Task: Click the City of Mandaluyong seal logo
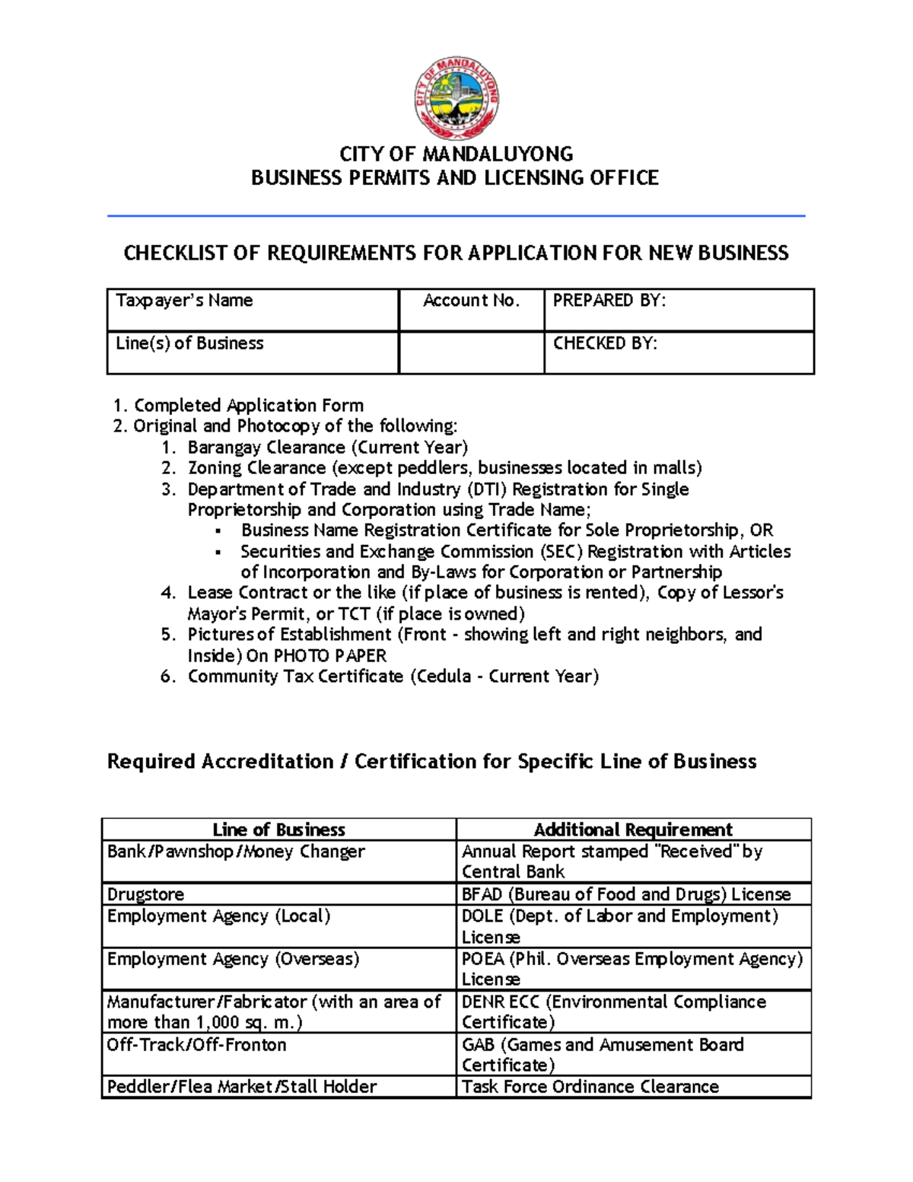tap(456, 98)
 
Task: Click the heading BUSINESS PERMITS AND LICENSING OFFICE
tap(455, 178)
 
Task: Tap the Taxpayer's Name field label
tap(184, 301)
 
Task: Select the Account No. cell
tap(471, 301)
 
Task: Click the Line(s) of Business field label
tap(189, 343)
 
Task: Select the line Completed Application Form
tap(248, 405)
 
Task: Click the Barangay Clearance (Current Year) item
tap(327, 447)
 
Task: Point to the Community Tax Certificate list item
tap(393, 676)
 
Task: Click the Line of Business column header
tap(278, 830)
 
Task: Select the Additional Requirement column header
tap(633, 830)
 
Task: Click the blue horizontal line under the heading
tap(455, 216)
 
